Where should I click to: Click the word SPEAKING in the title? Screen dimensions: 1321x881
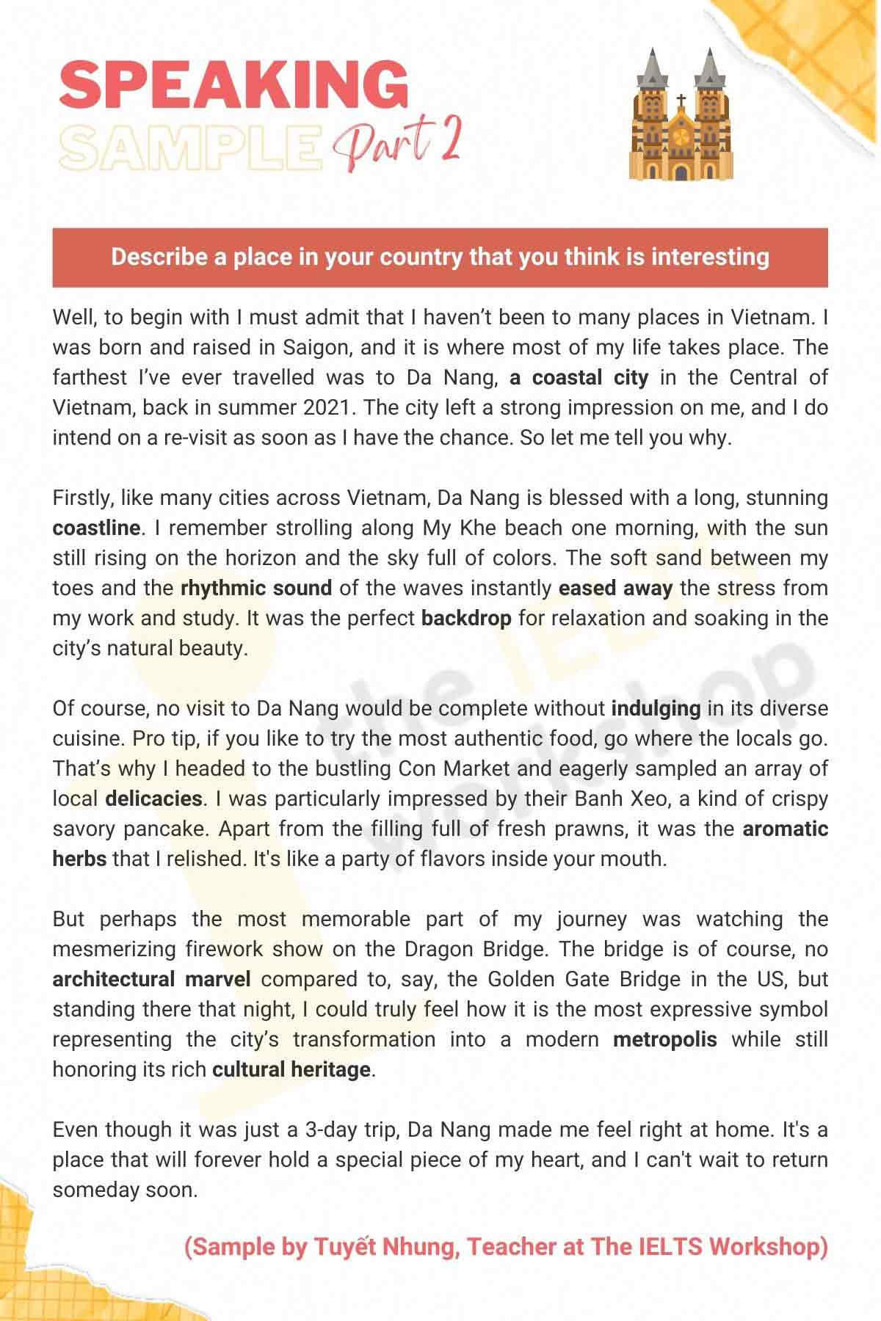click(233, 86)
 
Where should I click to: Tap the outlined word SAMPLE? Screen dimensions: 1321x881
click(191, 146)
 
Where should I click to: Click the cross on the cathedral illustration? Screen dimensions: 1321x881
click(681, 101)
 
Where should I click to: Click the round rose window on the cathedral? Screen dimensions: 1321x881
click(681, 137)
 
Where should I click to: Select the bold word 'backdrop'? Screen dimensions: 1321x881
click(466, 618)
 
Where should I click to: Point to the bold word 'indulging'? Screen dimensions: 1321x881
click(656, 708)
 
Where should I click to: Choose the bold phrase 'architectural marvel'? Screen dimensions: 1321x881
click(151, 979)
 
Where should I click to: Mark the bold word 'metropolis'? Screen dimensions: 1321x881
click(664, 1039)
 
